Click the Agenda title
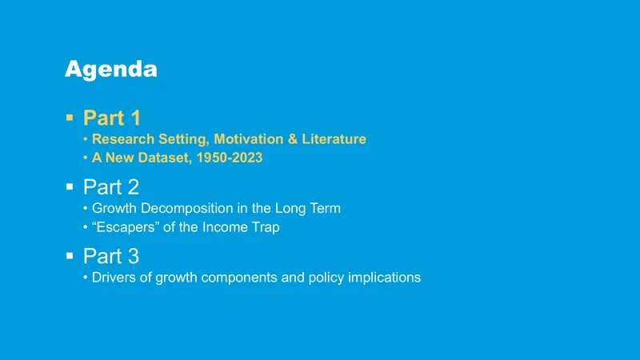pos(110,70)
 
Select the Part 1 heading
pos(112,118)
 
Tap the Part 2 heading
pos(111,187)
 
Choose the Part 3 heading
pos(111,256)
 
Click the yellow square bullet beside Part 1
pos(70,118)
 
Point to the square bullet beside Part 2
pos(70,186)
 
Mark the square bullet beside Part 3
pos(70,256)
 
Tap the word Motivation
pos(249,139)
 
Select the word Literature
pos(334,139)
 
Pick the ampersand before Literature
pos(293,139)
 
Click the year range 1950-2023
pos(230,158)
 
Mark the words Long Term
pos(308,209)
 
